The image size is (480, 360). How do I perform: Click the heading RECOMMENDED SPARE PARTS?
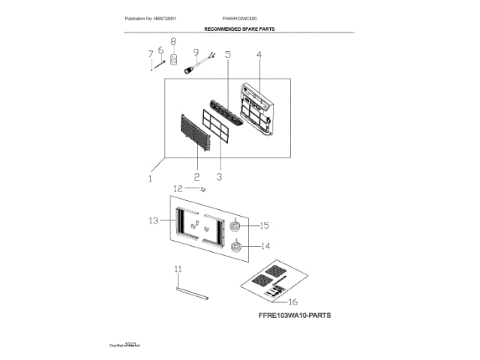tap(239, 28)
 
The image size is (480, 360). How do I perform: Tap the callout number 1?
tap(149, 179)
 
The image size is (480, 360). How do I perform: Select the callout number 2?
tap(196, 177)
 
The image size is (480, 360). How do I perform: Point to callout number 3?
tap(220, 177)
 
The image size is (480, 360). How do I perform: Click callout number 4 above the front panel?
tap(259, 55)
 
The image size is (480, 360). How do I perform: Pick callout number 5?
tap(228, 55)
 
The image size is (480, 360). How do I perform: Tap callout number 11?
tap(178, 268)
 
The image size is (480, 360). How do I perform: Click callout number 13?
tap(153, 220)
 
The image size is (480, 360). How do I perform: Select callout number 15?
tap(264, 225)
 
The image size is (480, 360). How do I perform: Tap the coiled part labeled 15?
tap(236, 225)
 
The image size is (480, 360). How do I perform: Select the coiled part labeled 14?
tap(237, 245)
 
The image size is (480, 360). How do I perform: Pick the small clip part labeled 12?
tap(202, 190)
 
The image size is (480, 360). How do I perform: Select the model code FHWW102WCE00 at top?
tap(239, 17)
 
